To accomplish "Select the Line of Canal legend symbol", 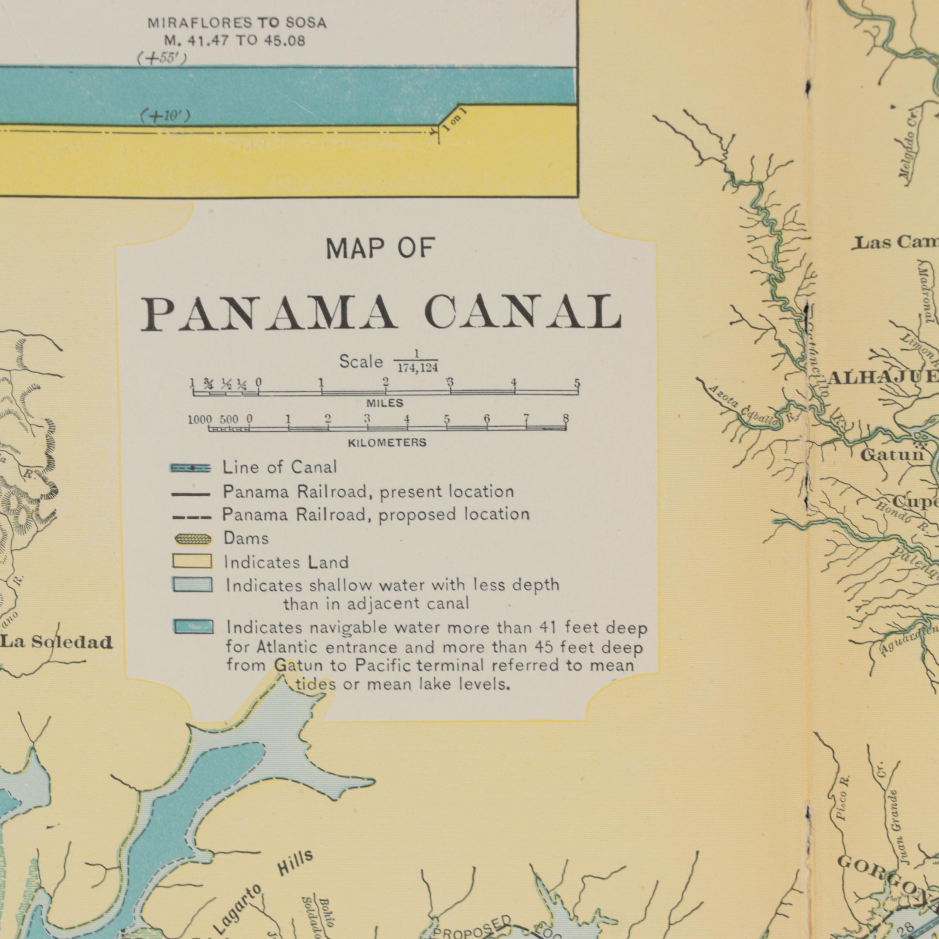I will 191,468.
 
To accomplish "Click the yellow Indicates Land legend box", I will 192,561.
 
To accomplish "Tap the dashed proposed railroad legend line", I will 191,518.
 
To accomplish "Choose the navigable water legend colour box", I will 193,627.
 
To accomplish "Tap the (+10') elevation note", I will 164,117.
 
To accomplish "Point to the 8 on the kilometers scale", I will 566,419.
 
